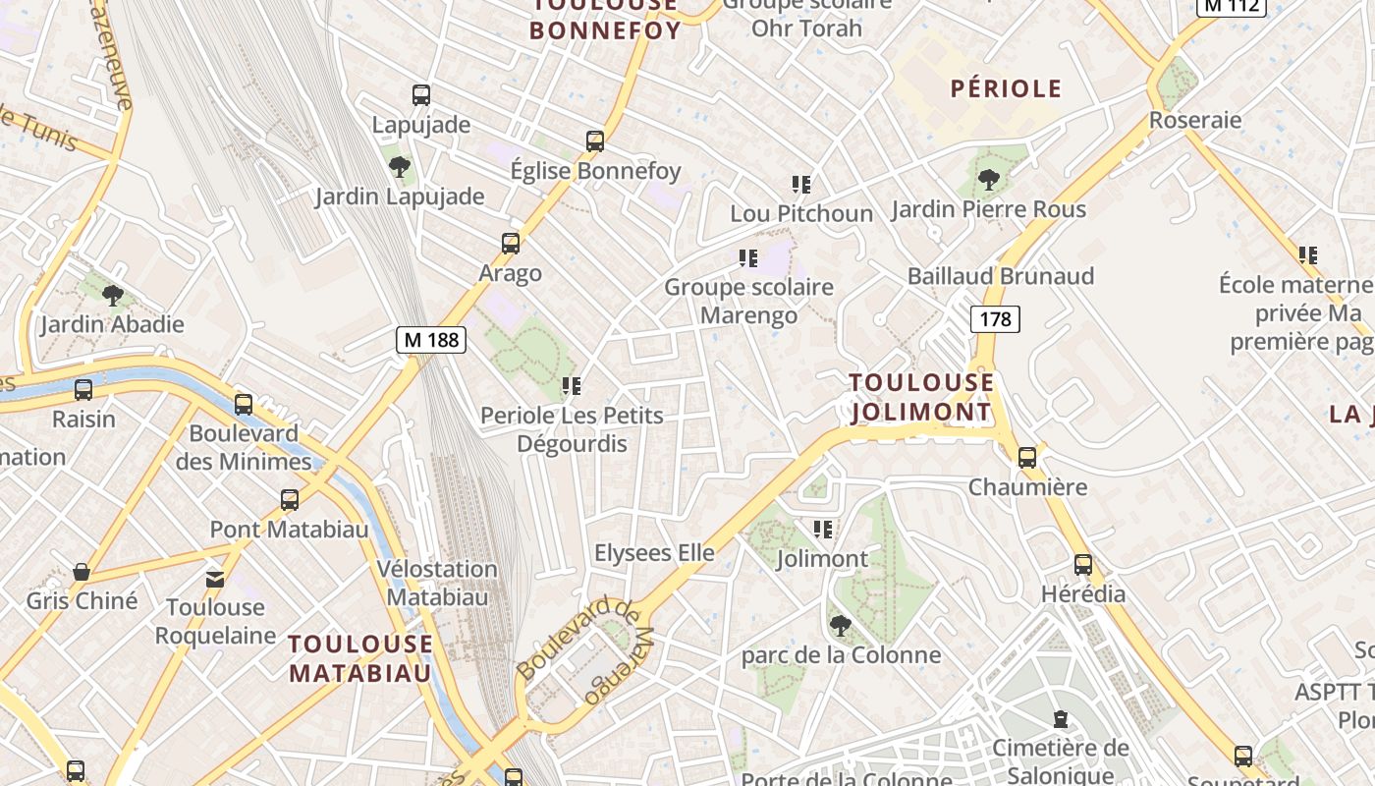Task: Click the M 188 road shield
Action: [430, 340]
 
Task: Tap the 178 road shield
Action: [994, 318]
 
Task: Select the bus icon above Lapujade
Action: [421, 95]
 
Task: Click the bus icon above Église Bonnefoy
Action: [595, 140]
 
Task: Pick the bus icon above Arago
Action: [511, 243]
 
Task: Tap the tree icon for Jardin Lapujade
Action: [399, 166]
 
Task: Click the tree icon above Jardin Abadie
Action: [113, 294]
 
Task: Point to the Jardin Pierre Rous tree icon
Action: [988, 179]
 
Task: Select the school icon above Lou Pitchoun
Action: [801, 184]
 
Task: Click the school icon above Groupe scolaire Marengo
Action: [748, 258]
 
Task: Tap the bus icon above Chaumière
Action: [1027, 457]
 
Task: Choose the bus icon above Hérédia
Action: [1083, 564]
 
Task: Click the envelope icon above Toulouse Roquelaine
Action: [215, 579]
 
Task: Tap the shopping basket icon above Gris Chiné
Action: [82, 572]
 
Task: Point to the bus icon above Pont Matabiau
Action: [290, 499]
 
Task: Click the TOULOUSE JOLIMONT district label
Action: [921, 397]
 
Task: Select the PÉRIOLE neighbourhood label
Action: [1007, 88]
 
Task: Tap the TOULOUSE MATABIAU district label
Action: [360, 658]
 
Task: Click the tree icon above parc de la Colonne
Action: [840, 625]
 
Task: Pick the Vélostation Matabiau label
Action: [438, 582]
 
